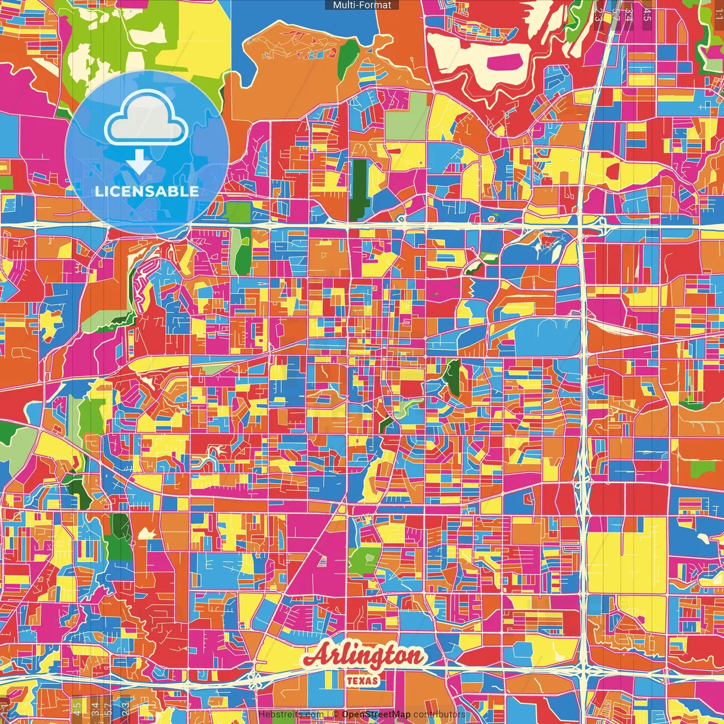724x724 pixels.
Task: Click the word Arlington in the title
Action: pos(365,656)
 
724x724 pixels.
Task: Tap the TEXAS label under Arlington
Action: pos(362,680)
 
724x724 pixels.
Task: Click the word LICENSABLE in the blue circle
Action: pos(147,191)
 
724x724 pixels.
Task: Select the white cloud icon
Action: pos(147,120)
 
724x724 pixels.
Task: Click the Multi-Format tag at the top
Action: pos(362,5)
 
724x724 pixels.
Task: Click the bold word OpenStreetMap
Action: pos(376,714)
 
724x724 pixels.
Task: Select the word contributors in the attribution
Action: pos(439,714)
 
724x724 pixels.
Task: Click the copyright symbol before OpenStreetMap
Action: pos(335,714)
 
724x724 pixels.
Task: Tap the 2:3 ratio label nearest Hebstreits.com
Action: pos(125,707)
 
